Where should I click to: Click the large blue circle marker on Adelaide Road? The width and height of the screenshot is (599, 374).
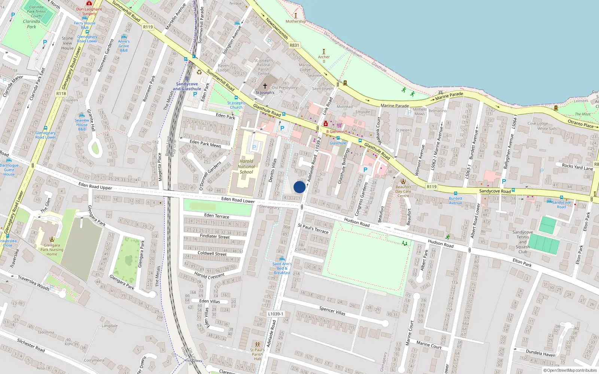coord(299,187)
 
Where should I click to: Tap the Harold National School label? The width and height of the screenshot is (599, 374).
coord(246,167)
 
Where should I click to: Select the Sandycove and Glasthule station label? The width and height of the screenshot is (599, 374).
coord(187,86)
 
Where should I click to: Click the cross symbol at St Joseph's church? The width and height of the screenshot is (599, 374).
coord(265,86)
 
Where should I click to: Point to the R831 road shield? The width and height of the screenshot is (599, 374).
coord(294,45)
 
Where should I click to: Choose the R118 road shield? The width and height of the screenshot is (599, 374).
coord(61,93)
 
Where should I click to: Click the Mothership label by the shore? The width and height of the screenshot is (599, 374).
coord(295,21)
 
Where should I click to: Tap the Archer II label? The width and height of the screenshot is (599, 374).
coord(324,59)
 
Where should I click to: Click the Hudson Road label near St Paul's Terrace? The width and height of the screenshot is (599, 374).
coord(357,223)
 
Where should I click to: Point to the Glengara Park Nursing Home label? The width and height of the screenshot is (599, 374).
coord(52,249)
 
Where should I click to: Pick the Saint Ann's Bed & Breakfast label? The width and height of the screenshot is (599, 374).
coord(282,268)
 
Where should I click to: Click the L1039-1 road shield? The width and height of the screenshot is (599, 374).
coord(276,314)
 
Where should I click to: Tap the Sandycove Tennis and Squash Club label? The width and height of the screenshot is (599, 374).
coord(523,242)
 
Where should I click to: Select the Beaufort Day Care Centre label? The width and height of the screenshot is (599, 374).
coord(403,191)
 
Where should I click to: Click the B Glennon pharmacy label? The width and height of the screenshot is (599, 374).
coord(335,132)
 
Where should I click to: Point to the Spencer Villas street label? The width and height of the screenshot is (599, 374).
coord(332,310)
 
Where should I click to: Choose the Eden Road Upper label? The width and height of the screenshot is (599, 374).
coord(95,186)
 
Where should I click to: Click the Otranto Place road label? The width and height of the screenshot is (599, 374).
coord(581,124)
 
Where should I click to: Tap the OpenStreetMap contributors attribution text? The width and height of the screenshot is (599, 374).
coord(570,370)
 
